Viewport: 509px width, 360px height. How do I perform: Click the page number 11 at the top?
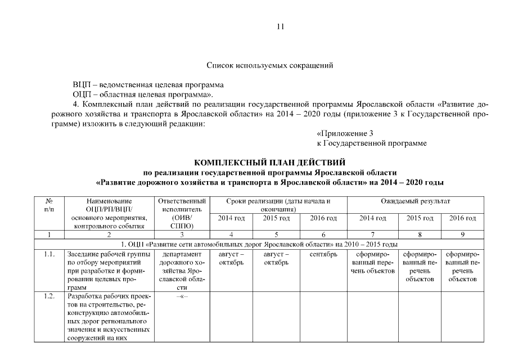(x=281, y=26)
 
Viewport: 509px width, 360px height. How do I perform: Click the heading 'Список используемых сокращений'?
(x=269, y=66)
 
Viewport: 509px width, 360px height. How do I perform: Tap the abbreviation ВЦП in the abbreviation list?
(x=81, y=85)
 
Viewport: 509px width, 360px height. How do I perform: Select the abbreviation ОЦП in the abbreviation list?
(x=81, y=94)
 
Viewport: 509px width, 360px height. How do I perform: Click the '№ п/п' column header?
(x=49, y=205)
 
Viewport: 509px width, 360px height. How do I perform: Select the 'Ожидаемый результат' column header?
(x=416, y=201)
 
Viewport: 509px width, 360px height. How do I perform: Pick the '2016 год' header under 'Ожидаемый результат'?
(x=463, y=218)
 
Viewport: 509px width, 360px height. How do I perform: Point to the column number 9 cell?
(x=463, y=235)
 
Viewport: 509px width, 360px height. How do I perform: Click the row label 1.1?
(x=49, y=254)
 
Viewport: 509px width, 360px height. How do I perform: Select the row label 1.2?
(x=49, y=296)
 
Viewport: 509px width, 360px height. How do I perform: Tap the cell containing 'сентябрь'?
(x=323, y=254)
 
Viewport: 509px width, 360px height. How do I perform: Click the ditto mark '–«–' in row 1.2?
(x=182, y=296)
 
